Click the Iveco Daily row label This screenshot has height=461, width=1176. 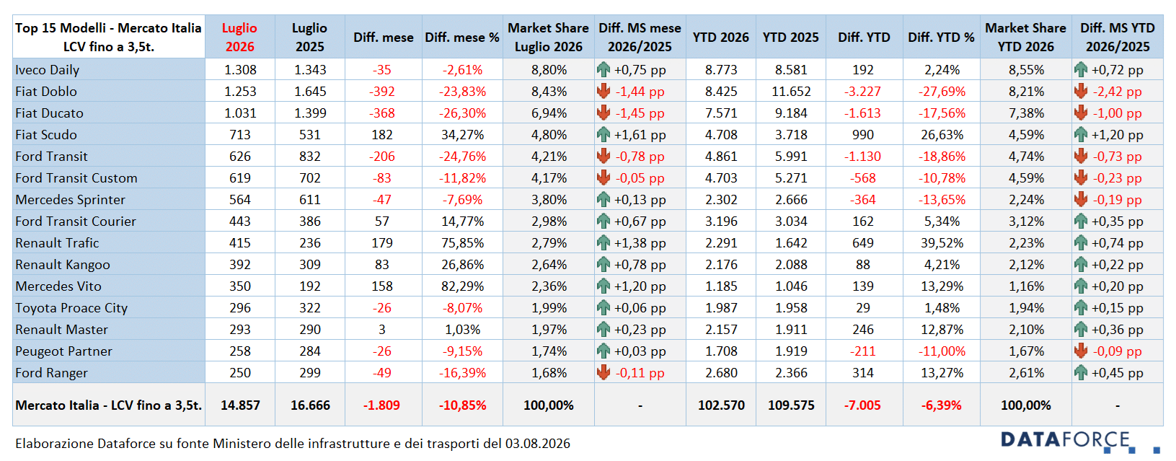48,70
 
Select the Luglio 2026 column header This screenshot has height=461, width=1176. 240,38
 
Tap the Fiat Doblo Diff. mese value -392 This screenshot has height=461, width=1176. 381,92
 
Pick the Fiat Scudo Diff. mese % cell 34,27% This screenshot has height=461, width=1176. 462,135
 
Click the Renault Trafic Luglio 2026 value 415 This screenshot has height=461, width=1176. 240,243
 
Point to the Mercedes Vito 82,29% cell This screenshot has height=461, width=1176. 462,286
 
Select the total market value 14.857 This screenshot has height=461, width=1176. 240,405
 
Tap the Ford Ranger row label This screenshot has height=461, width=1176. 51,373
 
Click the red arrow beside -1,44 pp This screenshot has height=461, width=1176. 604,92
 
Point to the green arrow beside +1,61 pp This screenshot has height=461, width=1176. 604,134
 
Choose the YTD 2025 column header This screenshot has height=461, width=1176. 791,38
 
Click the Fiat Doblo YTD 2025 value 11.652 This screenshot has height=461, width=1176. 791,92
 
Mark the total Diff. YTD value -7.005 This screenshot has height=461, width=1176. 862,405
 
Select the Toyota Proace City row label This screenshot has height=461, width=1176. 71,308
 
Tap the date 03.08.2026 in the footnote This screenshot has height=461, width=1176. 538,444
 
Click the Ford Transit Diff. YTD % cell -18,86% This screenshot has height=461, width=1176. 942,157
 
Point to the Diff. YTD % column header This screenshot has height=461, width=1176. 942,38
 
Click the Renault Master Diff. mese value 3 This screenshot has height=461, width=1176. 381,330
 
